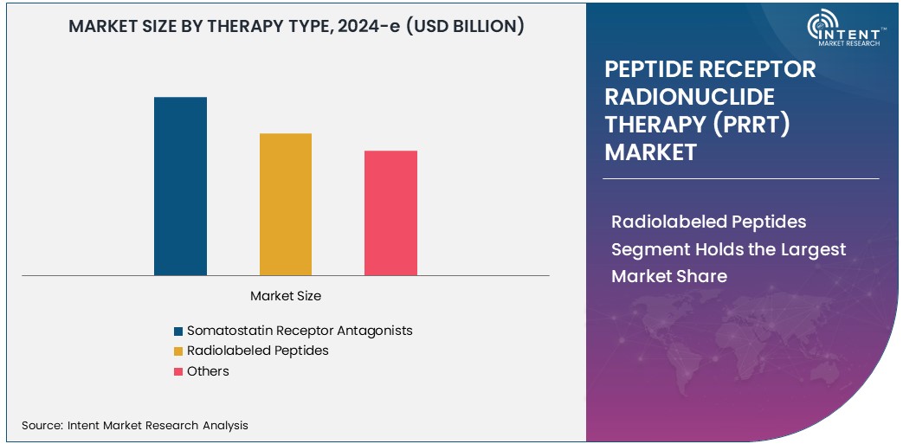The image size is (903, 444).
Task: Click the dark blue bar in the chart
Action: click(180, 186)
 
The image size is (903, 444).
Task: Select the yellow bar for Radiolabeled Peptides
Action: click(286, 204)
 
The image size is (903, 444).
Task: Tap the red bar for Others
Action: click(390, 213)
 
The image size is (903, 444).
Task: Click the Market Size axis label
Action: click(286, 296)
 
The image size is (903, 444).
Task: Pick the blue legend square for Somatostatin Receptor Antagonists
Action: click(178, 331)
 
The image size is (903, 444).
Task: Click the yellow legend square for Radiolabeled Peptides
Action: click(178, 351)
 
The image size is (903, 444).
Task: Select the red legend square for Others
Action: click(178, 372)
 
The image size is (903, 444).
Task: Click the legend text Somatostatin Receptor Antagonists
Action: click(300, 331)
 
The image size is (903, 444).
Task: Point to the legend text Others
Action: click(208, 371)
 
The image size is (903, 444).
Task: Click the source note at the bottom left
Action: click(135, 425)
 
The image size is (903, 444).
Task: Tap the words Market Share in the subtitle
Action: click(669, 276)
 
